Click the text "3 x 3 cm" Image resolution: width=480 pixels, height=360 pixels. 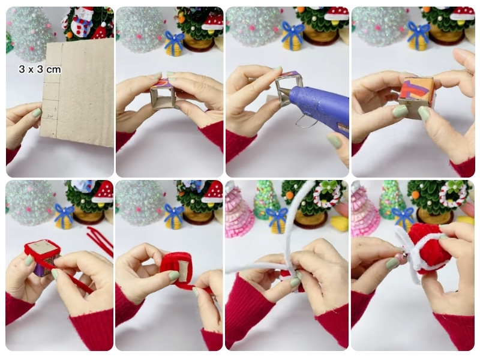[40, 70]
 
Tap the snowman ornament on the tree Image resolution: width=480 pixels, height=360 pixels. [80, 21]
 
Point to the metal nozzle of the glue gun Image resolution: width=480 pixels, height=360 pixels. [284, 91]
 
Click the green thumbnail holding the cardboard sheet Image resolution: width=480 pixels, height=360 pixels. [37, 113]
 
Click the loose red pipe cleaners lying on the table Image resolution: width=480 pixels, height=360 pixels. [100, 241]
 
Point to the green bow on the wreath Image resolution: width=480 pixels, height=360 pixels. [454, 186]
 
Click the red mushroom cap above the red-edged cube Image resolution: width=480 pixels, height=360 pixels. [103, 192]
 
